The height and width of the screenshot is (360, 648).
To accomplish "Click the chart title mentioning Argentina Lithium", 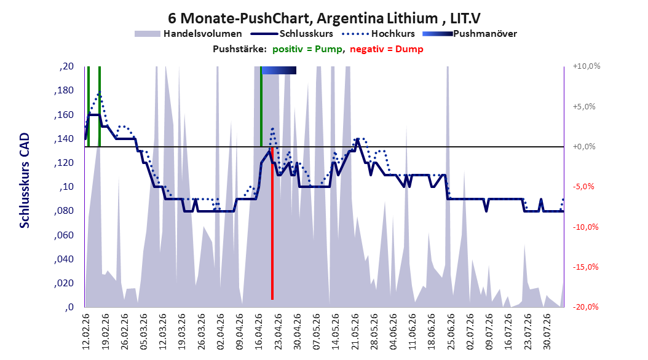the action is pyautogui.click(x=324, y=18).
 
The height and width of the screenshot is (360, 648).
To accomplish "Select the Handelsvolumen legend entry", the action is pyautogui.click(x=188, y=34).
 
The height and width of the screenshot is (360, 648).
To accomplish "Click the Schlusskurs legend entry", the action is pyautogui.click(x=292, y=34).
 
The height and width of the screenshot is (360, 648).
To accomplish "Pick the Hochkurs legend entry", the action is pyautogui.click(x=378, y=34).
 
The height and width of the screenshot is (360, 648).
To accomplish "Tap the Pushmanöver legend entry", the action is pyautogui.click(x=470, y=34).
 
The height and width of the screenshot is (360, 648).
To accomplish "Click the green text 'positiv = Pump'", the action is pyautogui.click(x=307, y=49).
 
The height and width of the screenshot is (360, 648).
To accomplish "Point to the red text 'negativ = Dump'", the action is pyautogui.click(x=387, y=49).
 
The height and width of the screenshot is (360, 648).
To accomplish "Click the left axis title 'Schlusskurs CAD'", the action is pyautogui.click(x=25, y=181).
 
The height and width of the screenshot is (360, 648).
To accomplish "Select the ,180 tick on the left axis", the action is pyautogui.click(x=64, y=90).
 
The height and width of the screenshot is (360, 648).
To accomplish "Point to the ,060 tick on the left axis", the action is pyautogui.click(x=64, y=235).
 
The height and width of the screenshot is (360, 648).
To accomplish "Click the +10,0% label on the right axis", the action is pyautogui.click(x=587, y=66).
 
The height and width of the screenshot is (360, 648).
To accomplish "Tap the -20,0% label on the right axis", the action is pyautogui.click(x=585, y=307).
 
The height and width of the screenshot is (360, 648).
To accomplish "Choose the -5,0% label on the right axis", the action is pyautogui.click(x=583, y=187).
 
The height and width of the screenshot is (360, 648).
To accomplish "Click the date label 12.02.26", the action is pyautogui.click(x=86, y=332).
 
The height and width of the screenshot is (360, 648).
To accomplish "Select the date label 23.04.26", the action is pyautogui.click(x=278, y=332).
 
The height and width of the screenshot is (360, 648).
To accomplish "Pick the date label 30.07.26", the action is pyautogui.click(x=547, y=332).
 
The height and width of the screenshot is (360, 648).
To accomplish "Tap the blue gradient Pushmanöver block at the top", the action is pyautogui.click(x=279, y=70).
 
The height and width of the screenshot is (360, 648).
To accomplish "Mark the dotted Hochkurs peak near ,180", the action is pyautogui.click(x=99, y=93).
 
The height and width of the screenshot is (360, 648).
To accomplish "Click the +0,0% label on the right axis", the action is pyautogui.click(x=584, y=147).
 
